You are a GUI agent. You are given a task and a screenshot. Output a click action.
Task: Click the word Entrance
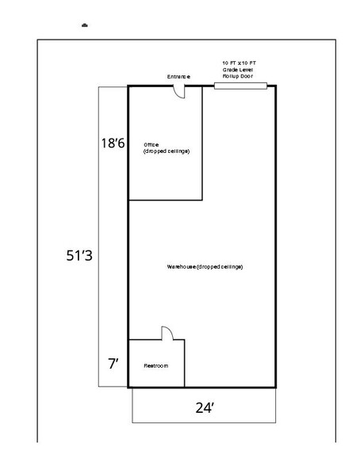tap(178, 77)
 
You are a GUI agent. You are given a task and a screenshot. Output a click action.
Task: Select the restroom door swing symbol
tap(167, 333)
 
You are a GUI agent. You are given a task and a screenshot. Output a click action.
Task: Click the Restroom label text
tap(153, 367)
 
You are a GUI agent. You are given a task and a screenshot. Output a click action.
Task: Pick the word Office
tap(151, 144)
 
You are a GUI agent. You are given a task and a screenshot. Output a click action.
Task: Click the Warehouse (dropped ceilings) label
tap(205, 266)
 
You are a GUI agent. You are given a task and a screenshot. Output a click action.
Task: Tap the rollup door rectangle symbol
tap(240, 86)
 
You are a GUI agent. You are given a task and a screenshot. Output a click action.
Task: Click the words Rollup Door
tap(237, 76)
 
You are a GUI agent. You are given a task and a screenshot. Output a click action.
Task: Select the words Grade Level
tap(237, 69)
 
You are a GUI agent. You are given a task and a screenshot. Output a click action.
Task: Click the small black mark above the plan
tap(85, 25)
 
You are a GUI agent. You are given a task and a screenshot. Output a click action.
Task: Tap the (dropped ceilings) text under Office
tap(167, 151)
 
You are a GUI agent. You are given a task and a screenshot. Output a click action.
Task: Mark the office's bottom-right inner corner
tap(203, 199)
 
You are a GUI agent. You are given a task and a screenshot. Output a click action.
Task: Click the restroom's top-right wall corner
tap(184, 340)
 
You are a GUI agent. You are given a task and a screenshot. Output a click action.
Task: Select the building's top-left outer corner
tap(128, 86)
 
